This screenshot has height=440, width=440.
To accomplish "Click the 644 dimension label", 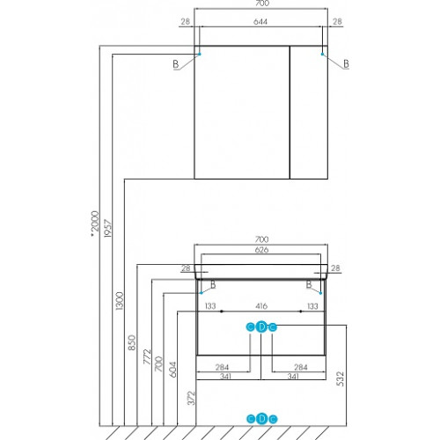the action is click(x=260, y=22).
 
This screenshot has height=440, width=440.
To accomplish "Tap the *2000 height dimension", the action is click(x=95, y=224).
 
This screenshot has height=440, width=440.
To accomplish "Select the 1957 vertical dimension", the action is click(x=108, y=228).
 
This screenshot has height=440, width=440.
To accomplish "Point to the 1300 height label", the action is click(x=120, y=301).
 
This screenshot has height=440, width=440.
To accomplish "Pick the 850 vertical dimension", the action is click(x=132, y=342).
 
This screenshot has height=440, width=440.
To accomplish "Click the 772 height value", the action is click(x=147, y=356).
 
